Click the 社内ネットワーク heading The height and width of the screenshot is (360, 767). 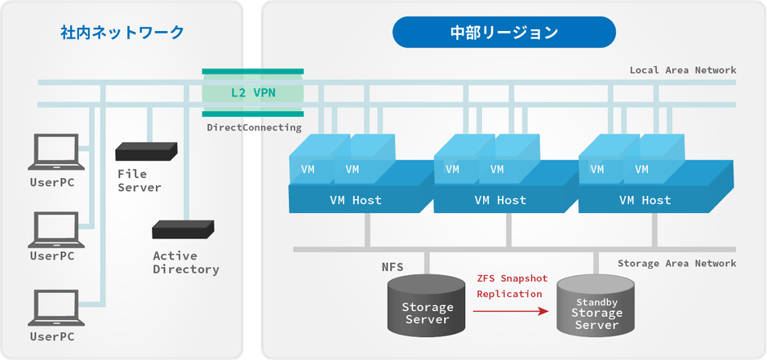click(122, 33)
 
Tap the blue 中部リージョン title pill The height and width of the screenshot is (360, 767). click(503, 33)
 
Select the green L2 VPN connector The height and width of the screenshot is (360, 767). click(253, 92)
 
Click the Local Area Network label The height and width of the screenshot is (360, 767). click(682, 70)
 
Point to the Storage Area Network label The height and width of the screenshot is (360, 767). click(676, 263)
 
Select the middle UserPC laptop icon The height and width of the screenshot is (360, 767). click(53, 230)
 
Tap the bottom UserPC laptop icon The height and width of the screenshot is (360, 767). click(53, 309)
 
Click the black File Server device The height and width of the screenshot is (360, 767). click(146, 151)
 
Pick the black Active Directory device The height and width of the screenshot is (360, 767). click(183, 229)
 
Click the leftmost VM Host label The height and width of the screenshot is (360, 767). click(355, 200)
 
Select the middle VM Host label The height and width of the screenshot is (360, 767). click(500, 200)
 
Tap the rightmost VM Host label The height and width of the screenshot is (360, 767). click(645, 200)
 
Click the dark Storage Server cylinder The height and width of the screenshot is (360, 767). click(427, 306)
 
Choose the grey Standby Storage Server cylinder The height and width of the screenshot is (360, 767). click(595, 308)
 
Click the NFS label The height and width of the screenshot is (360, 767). click(392, 267)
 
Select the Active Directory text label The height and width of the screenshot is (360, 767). click(185, 262)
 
